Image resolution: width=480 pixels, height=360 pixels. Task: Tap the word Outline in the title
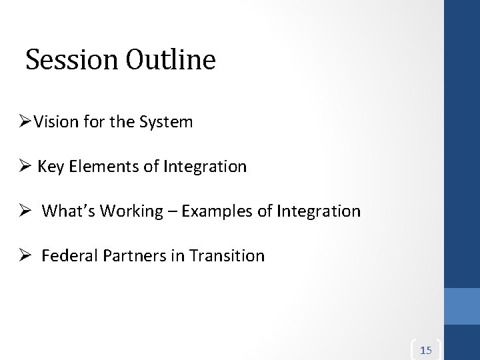click(170, 60)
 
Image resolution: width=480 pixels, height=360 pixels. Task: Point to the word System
click(169, 122)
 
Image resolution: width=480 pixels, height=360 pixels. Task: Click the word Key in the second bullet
click(51, 167)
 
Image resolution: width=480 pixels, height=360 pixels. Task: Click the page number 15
click(427, 350)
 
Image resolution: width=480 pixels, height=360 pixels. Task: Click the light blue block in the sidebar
click(462, 305)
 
